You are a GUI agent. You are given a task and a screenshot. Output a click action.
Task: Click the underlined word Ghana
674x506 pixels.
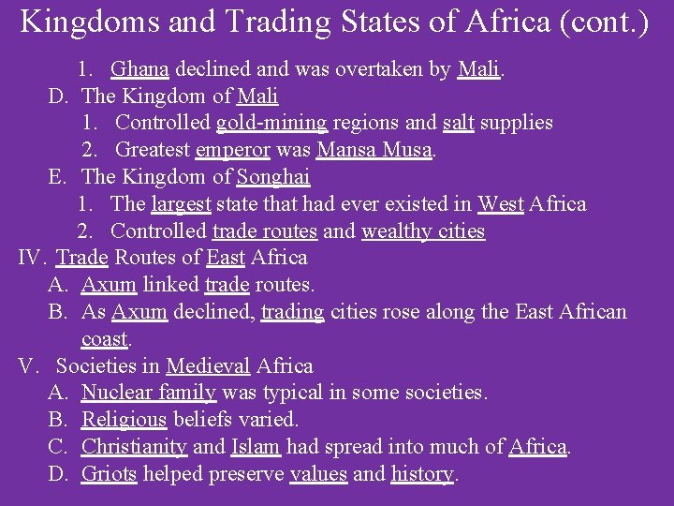pyautogui.click(x=139, y=68)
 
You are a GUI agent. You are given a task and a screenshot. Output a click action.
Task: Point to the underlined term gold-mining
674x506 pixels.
pyautogui.click(x=271, y=123)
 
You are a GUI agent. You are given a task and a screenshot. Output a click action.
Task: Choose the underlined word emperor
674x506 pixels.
pyautogui.click(x=232, y=150)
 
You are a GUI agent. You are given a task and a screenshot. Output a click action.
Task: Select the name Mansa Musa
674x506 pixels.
pyautogui.click(x=374, y=150)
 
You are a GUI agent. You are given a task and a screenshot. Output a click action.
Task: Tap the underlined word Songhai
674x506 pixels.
pyautogui.click(x=273, y=177)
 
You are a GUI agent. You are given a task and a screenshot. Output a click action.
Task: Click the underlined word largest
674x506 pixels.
pyautogui.click(x=182, y=204)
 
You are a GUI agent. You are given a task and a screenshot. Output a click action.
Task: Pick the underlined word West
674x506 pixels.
pyautogui.click(x=500, y=204)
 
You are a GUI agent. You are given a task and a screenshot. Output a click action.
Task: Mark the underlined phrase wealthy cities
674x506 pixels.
pyautogui.click(x=423, y=231)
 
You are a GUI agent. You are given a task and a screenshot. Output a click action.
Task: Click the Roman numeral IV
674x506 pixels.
pyautogui.click(x=32, y=258)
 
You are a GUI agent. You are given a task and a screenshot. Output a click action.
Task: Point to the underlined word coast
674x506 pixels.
pyautogui.click(x=105, y=339)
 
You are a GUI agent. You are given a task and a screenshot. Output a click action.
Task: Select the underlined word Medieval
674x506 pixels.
pyautogui.click(x=208, y=366)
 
